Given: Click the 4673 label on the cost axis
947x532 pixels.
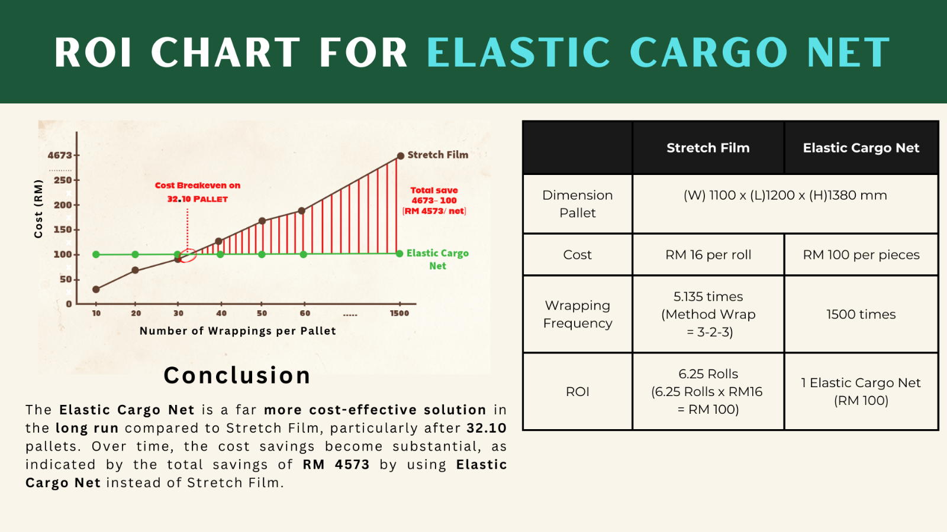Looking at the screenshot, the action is [x=60, y=155].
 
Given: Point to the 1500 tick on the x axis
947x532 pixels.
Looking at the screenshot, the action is [x=399, y=313].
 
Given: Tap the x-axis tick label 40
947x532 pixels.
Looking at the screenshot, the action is [x=221, y=313].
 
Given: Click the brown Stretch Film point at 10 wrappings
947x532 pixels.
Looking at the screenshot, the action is [x=96, y=289].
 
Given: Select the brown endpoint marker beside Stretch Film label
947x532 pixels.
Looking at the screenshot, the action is [x=400, y=156].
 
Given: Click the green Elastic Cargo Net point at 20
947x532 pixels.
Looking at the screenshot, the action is [x=135, y=254].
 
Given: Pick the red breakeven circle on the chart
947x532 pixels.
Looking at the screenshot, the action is [x=188, y=255].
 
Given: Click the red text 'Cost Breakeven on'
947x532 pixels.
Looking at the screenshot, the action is [x=198, y=186].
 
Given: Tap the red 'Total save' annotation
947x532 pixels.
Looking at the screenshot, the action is [x=434, y=190].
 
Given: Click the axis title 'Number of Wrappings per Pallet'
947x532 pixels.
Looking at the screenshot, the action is [x=237, y=331].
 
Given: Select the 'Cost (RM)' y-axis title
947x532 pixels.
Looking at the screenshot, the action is [x=38, y=209].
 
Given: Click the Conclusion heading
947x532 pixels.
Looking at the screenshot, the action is [x=237, y=375].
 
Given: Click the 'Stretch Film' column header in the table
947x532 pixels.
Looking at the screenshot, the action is [x=708, y=148].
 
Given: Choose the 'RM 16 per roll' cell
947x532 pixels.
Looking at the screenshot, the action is [x=708, y=255].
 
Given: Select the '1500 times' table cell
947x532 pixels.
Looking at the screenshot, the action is [x=861, y=314].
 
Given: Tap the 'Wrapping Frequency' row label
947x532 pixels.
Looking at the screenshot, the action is [x=578, y=314].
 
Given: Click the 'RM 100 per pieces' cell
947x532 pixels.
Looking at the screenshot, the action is [x=861, y=255].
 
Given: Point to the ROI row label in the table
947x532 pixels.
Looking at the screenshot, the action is [x=578, y=391].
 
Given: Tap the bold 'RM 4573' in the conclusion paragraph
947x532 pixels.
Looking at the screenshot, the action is [x=336, y=465].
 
